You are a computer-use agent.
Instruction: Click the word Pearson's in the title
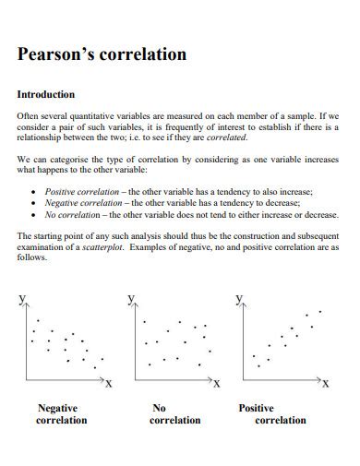[x=59, y=54]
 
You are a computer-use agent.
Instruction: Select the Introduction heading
[x=46, y=94]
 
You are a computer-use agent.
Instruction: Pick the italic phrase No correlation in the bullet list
[x=70, y=214]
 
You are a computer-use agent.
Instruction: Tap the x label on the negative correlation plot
[x=109, y=383]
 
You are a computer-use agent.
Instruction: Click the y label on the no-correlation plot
[x=131, y=299]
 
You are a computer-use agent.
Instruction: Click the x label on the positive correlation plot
[x=325, y=383]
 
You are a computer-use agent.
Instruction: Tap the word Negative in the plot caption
[x=57, y=407]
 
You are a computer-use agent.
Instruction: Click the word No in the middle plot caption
[x=159, y=407]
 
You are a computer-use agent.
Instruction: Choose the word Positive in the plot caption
[x=257, y=407]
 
